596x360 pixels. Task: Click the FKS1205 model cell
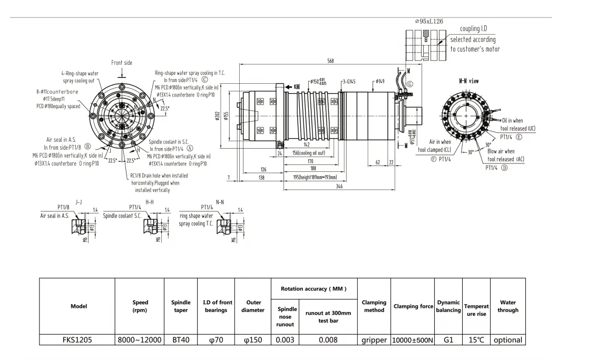(x=77, y=340)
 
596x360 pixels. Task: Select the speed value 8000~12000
(x=140, y=340)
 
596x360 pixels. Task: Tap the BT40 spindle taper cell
(x=181, y=340)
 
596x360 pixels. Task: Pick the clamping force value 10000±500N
(x=413, y=340)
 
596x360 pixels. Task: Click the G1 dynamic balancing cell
(x=448, y=340)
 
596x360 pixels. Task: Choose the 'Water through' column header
(x=508, y=306)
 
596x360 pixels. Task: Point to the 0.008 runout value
(x=328, y=340)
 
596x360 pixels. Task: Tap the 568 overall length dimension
(x=330, y=61)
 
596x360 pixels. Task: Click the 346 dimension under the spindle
(x=340, y=187)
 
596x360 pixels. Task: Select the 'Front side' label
(x=122, y=63)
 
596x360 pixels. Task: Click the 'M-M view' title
(x=468, y=82)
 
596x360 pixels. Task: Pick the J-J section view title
(x=79, y=202)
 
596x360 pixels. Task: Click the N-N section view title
(x=220, y=202)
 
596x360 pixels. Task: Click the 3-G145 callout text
(x=349, y=82)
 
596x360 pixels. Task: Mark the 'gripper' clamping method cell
(x=374, y=340)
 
